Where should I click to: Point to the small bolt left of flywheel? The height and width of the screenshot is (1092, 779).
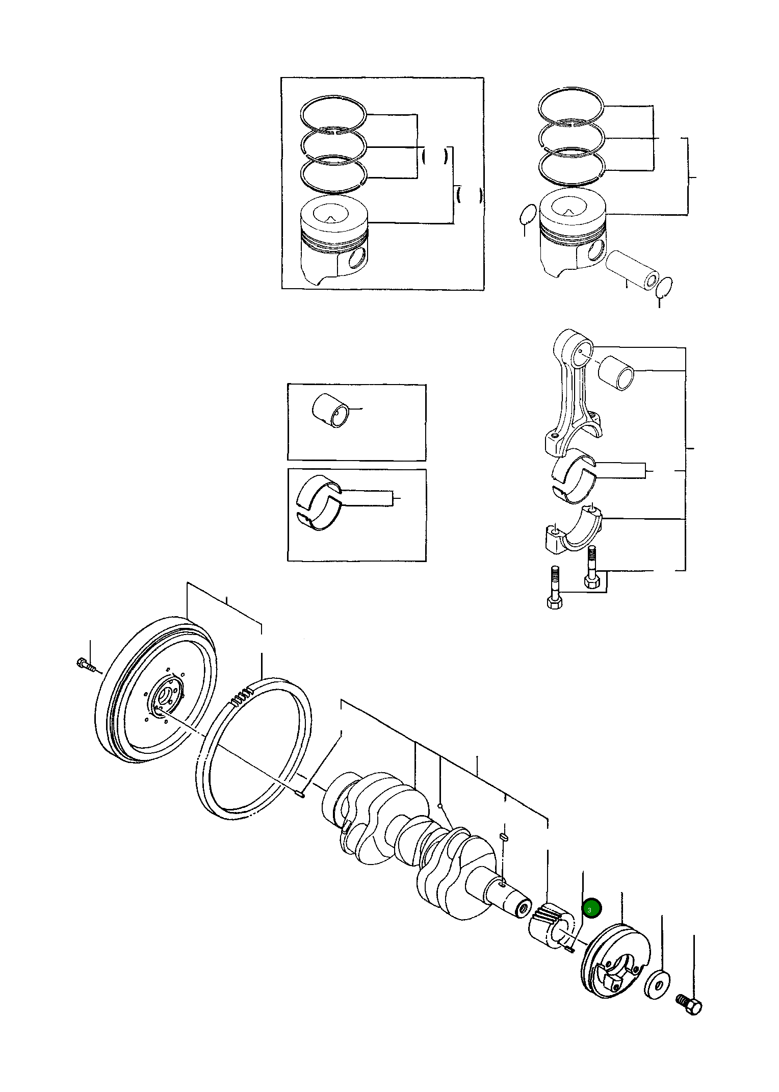(x=86, y=665)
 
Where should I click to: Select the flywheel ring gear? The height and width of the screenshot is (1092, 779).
(x=252, y=750)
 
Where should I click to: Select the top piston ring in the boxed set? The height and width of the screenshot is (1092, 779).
(x=333, y=113)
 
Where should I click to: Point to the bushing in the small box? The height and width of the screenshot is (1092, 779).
(x=331, y=411)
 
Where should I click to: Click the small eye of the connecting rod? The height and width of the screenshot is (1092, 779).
(x=582, y=352)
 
